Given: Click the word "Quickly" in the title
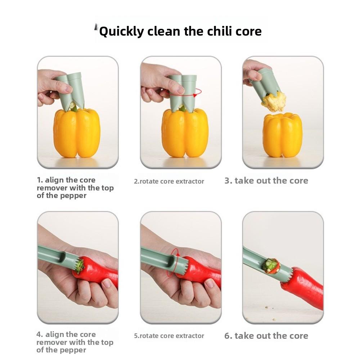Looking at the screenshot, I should coord(121,32).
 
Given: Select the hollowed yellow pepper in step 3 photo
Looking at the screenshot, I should coord(282,135).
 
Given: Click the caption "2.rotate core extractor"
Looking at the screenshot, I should coord(169,181).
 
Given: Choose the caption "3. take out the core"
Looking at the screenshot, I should coord(266,181).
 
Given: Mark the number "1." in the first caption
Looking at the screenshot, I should coord(40,180).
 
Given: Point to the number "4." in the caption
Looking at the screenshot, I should coord(40,334).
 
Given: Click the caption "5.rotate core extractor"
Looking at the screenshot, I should coord(169,336).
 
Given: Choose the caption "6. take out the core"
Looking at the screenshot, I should coord(266,336).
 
